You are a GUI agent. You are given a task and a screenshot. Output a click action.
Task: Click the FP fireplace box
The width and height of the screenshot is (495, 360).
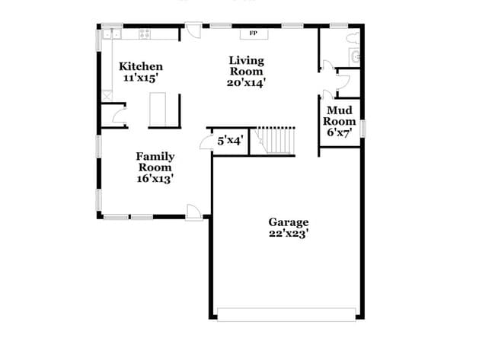click(x=252, y=33)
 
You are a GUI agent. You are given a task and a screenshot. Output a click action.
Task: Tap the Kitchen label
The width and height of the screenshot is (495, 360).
click(x=141, y=67)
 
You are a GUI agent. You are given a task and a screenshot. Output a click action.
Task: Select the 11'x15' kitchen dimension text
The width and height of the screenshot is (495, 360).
click(x=141, y=78)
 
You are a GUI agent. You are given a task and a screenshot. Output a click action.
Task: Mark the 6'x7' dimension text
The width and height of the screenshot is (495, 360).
click(x=339, y=132)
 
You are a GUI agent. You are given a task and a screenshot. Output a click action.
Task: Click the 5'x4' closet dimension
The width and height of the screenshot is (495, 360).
click(x=230, y=141)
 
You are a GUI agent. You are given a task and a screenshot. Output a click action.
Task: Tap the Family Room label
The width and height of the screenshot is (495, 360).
click(x=155, y=162)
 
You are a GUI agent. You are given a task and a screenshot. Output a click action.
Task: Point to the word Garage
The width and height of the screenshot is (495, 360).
click(x=288, y=222)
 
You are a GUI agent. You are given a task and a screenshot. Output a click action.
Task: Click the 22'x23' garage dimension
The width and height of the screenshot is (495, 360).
click(x=288, y=234)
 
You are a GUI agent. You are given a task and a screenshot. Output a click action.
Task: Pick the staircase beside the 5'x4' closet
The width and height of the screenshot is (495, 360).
click(x=276, y=141)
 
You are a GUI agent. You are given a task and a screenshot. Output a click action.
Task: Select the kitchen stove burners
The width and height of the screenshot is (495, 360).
click(x=144, y=33)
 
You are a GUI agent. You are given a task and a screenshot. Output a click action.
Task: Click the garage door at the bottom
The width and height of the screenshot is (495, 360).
click(x=286, y=313)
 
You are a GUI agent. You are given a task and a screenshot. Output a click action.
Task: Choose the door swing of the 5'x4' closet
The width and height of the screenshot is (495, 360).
click(x=204, y=143)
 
